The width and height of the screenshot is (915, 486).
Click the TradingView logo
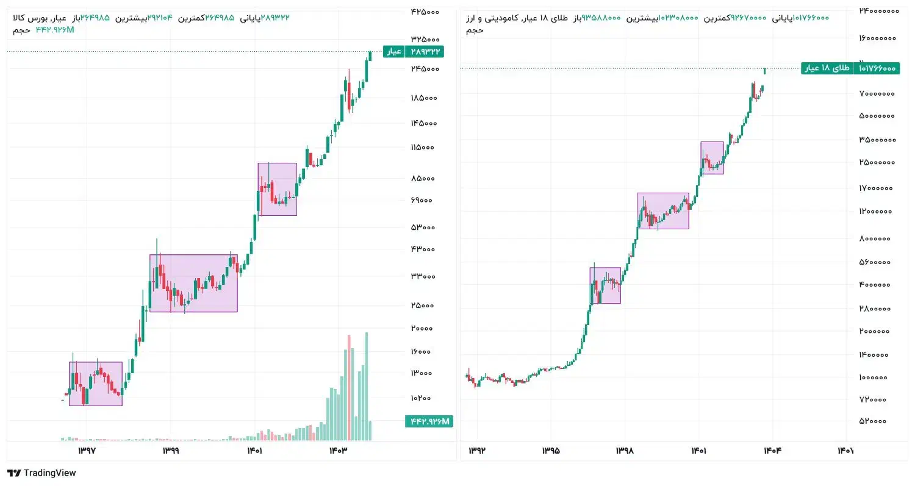tap(41, 473)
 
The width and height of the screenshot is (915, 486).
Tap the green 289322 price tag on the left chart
tap(424, 52)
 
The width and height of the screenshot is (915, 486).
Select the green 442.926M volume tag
tap(429, 421)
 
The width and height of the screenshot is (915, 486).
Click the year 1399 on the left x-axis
tap(170, 451)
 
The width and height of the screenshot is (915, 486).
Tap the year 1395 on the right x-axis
tap(550, 451)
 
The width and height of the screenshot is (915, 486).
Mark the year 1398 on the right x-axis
tap(625, 451)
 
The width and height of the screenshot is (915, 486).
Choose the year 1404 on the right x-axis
tap(772, 451)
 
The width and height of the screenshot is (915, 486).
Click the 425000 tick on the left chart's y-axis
tap(425, 12)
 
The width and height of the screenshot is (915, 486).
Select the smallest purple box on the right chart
tap(712, 158)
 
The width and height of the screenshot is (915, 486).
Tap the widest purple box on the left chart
tap(193, 283)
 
